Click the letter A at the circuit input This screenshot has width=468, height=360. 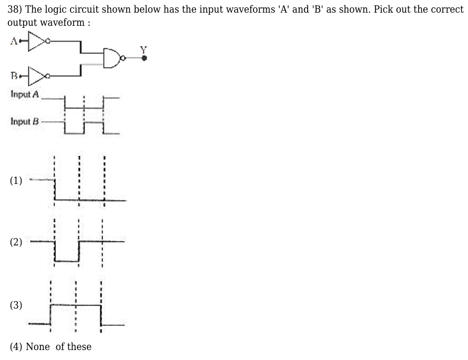[13, 41]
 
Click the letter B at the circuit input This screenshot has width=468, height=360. [13, 77]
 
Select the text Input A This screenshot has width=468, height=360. [25, 95]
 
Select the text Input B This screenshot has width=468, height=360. [25, 121]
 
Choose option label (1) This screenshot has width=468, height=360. [16, 181]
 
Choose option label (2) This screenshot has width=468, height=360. [16, 242]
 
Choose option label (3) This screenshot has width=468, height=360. [16, 305]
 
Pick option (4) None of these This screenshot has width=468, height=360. [50, 347]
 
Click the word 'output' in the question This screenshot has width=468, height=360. [22, 23]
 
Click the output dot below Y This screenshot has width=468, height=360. [144, 58]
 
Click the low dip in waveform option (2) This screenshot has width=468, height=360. [66, 260]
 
